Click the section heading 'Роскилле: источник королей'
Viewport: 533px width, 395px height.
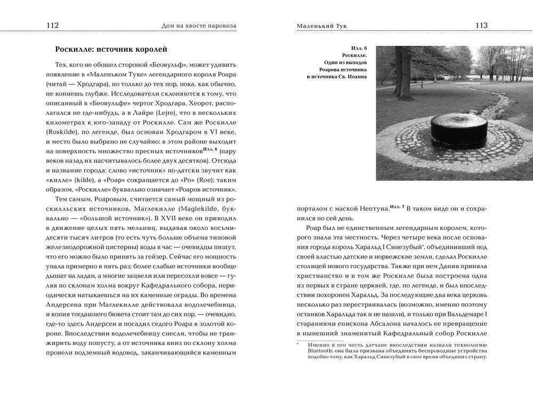(111, 50)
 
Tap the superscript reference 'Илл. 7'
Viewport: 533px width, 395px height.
(397, 206)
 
